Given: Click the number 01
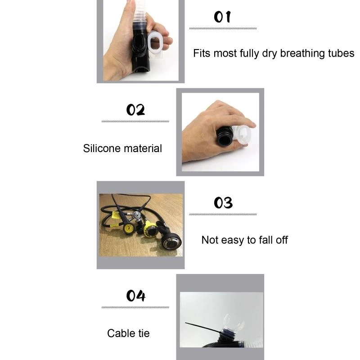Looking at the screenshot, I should click(x=222, y=17).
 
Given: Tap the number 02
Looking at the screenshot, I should click(x=135, y=110).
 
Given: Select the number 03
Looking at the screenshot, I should click(x=223, y=203).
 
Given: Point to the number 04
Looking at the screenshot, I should click(x=135, y=296).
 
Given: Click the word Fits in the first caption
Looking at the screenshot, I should click(x=202, y=54).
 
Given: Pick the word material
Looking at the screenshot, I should click(x=141, y=148).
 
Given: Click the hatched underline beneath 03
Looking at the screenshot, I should click(x=223, y=214).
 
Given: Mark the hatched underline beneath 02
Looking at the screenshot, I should click(x=135, y=121).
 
